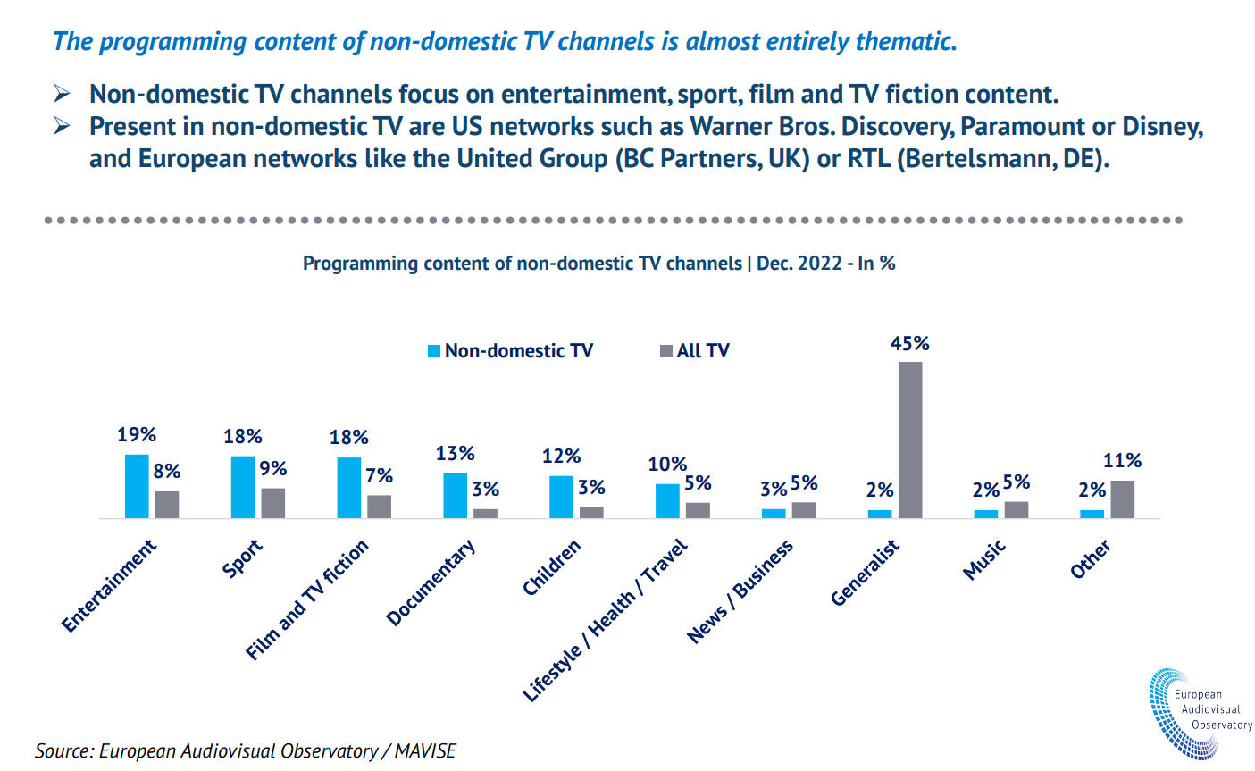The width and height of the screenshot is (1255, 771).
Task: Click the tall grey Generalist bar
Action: [x=910, y=440]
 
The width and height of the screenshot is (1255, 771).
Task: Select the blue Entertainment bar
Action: [x=137, y=486]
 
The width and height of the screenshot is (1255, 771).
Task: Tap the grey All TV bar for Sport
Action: [x=273, y=503]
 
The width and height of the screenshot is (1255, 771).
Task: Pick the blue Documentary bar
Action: [x=456, y=495]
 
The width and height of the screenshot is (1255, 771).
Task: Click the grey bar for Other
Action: [x=1123, y=499]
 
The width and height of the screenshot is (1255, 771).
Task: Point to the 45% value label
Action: [x=909, y=344]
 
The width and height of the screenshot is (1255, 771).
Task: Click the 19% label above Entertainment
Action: [x=137, y=435]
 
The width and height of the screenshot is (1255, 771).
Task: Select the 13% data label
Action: [x=455, y=454]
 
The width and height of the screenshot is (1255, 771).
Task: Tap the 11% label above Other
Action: [x=1122, y=461]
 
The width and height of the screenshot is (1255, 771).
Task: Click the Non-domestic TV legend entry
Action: [x=510, y=351]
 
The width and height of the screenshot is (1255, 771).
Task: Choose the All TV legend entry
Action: [x=695, y=351]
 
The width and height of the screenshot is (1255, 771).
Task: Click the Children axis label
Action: [x=552, y=567]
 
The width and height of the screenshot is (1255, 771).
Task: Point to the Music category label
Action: [x=984, y=559]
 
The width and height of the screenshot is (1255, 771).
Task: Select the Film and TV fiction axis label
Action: [x=307, y=600]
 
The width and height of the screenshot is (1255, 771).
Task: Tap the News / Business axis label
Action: [x=740, y=591]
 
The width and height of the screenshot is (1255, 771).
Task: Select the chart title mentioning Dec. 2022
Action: [x=598, y=264]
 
